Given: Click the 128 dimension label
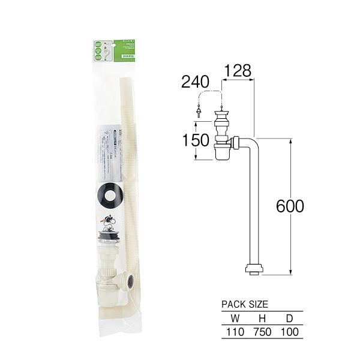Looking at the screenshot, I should pos(237,71).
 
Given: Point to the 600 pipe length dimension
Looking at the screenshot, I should pos(290,206).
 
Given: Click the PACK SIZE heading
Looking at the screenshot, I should pos(245,305).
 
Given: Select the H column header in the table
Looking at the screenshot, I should pos(262,318).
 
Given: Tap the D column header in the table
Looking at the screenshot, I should pos(290,318).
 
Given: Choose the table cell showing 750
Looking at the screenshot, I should pos(262,331).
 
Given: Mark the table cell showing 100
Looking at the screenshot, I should pos(290,331).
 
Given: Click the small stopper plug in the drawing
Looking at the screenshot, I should pos(198,113).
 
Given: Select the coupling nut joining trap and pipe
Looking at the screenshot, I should pos(236,143).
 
